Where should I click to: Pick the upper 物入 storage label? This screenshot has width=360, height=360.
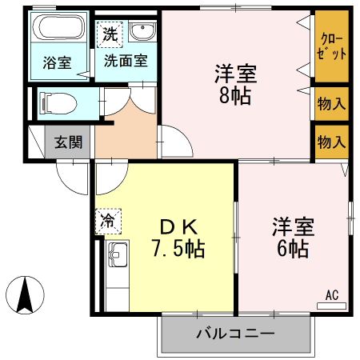point(331,103)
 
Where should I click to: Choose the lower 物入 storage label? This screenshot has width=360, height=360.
point(331,142)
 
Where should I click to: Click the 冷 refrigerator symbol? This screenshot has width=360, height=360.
point(106,218)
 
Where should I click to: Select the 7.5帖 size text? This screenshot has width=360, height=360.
point(178,249)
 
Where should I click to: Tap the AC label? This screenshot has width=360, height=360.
point(331,295)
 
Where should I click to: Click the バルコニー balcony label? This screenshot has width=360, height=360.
point(235,333)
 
